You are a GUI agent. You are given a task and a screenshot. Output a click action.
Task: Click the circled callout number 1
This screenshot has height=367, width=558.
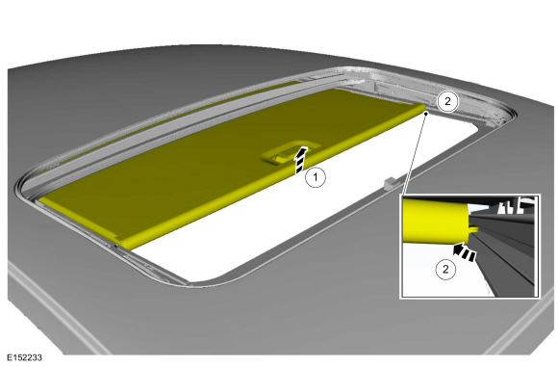pyautogui.click(x=316, y=177)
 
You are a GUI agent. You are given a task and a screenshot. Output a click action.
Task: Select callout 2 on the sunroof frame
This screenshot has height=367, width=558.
pyautogui.click(x=447, y=102)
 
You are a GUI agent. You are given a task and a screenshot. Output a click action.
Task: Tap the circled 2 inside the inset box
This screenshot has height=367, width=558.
pyautogui.click(x=445, y=270)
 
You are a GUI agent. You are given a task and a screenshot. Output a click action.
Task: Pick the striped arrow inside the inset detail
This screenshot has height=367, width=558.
pyautogui.click(x=464, y=252)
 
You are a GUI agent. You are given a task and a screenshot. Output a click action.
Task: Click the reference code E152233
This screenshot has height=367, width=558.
pyautogui.click(x=24, y=357)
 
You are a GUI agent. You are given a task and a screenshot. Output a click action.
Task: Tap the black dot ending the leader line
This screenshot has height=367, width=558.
pyautogui.click(x=426, y=114)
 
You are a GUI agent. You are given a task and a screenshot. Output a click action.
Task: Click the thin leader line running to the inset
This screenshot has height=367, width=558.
pyautogui.click(x=414, y=154)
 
